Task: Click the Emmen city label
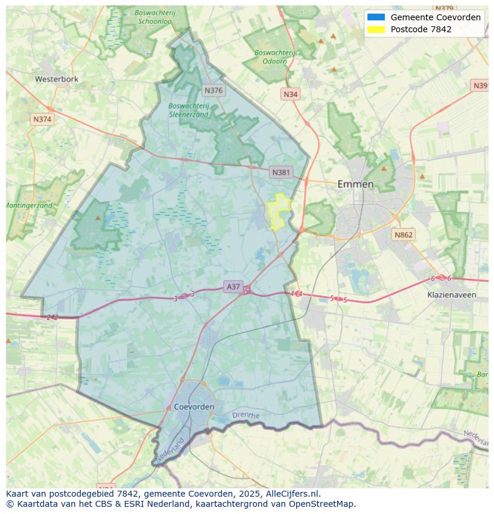[x=355, y=184]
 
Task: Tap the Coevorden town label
[x=194, y=407]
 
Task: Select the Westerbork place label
[x=57, y=79]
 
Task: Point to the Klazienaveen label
[x=452, y=295]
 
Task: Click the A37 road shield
[x=233, y=287]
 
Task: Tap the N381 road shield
[x=281, y=173]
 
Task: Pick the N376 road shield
[x=213, y=90]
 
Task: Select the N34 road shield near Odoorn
[x=291, y=94]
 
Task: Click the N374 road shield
[x=42, y=119]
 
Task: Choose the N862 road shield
[x=403, y=235]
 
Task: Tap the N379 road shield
[x=444, y=8]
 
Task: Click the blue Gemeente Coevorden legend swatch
[x=376, y=17]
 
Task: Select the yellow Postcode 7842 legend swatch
[x=376, y=29]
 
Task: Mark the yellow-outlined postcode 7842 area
[x=279, y=211]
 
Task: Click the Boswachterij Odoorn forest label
[x=274, y=57]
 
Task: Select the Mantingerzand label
[x=29, y=205]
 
